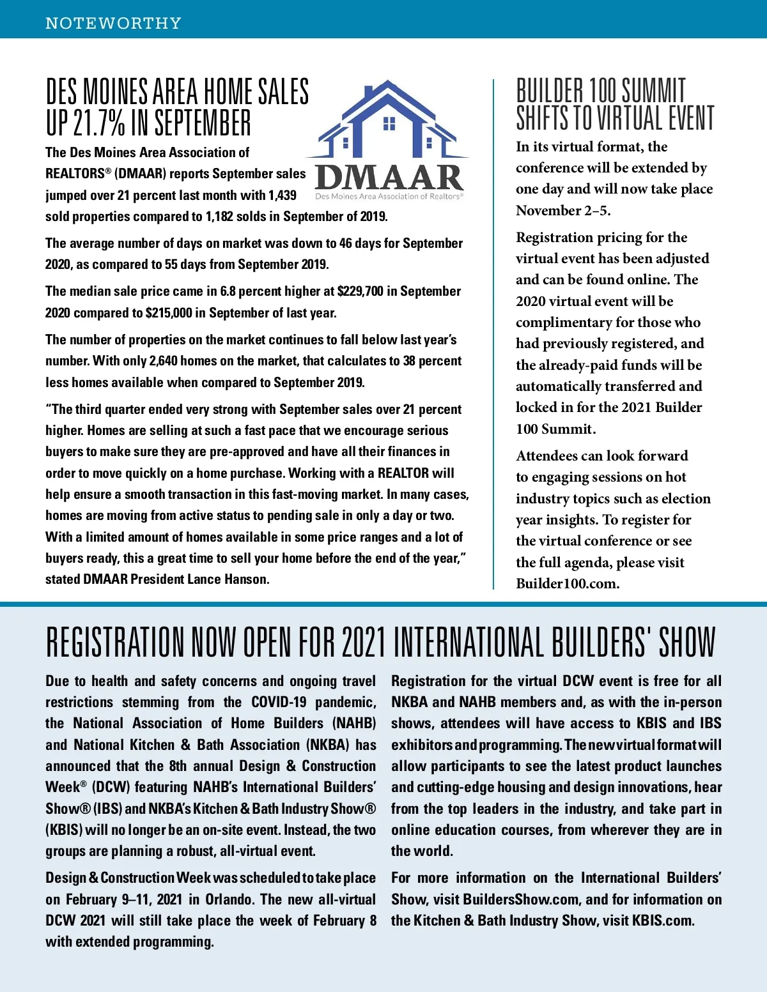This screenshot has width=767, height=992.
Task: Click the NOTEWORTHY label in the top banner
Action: point(113,24)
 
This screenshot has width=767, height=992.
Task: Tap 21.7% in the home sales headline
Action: point(99,123)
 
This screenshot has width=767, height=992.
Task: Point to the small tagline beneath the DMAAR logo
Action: point(389,197)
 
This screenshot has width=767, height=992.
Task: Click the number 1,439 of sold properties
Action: point(283,195)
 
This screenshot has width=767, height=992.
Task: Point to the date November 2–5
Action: point(562,211)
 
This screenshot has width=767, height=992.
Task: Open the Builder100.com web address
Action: point(567,584)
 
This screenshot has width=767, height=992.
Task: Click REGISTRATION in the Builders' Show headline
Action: point(114,643)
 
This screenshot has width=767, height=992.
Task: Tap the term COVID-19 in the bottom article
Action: point(279,703)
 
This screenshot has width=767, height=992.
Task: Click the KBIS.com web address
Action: point(663,920)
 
